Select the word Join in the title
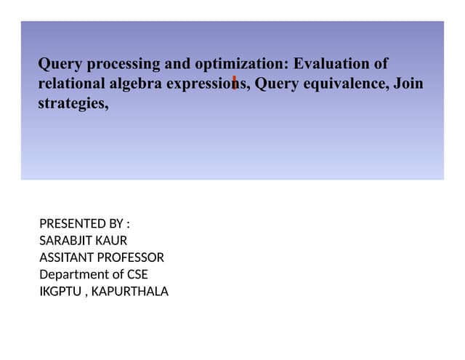click(408, 84)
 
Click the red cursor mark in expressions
click(234, 81)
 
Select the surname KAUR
click(113, 240)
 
